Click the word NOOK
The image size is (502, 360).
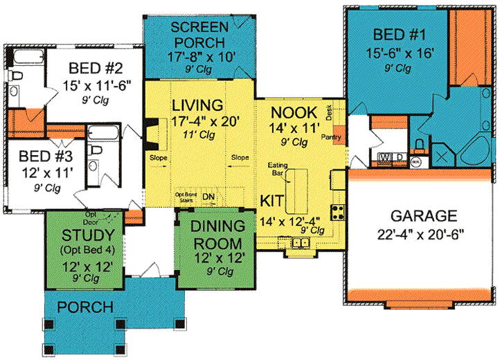[294, 112]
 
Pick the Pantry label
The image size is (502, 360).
[330, 138]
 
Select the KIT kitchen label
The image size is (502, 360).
[270, 200]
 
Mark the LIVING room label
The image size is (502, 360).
[197, 105]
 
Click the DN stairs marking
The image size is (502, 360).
[208, 197]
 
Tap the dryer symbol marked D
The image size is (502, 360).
[400, 157]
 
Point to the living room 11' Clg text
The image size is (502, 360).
[206, 136]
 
